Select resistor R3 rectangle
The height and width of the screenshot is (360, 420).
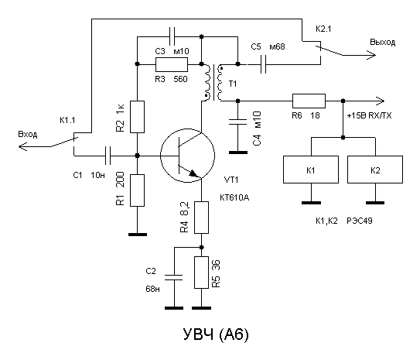coord(172,64)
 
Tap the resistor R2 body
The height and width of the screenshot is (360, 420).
coord(137,117)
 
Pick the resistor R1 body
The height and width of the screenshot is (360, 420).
coord(137,190)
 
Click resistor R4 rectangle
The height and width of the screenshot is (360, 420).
coord(201,218)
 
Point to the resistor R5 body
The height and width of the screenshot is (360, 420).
coord(201,273)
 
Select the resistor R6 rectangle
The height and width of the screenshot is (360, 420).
coord(309,101)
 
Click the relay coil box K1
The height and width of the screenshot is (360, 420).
coord(311,170)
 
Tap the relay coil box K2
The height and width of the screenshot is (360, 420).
coord(375,170)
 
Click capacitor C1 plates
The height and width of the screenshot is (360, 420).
coord(108,156)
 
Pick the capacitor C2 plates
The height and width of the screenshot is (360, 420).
coord(173,277)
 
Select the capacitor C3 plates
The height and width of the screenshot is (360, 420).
coord(172,36)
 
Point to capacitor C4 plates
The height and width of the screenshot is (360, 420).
coord(238,122)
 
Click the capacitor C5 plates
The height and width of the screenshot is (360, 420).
coord(264,64)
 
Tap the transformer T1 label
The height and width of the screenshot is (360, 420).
coord(233,84)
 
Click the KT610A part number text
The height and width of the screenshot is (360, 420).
coord(234,198)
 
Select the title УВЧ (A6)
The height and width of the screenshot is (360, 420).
coord(216,334)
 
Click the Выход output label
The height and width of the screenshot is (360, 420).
coord(383,43)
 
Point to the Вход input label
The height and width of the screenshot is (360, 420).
coord(28,134)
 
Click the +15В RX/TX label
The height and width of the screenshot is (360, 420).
coord(369,115)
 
